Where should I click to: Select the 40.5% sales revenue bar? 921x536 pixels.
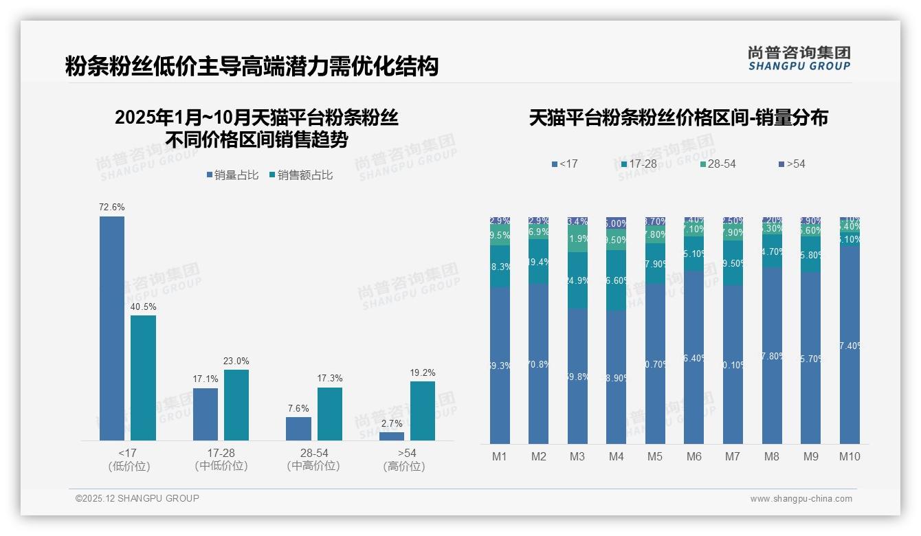(143, 378)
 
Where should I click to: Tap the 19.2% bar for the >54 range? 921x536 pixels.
(423, 411)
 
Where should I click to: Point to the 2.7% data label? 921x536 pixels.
(391, 423)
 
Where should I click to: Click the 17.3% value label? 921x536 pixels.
(330, 379)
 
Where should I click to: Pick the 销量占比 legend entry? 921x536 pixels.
(232, 175)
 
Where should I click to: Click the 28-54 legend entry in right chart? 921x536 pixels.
(718, 164)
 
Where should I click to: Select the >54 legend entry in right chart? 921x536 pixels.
(792, 164)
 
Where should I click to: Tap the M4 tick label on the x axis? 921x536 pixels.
(616, 456)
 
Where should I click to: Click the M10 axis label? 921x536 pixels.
(850, 456)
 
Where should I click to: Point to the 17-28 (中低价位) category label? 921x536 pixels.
(221, 459)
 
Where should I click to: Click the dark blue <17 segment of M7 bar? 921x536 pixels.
(733, 364)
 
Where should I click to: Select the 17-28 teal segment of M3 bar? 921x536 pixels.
(577, 280)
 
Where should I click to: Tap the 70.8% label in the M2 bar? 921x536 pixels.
(538, 364)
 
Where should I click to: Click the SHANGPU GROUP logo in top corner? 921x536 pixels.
(799, 58)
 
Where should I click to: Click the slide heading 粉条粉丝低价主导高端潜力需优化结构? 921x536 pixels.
(252, 67)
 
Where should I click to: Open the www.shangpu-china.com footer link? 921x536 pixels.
(801, 499)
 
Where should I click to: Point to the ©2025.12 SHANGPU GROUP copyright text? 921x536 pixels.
(137, 498)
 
